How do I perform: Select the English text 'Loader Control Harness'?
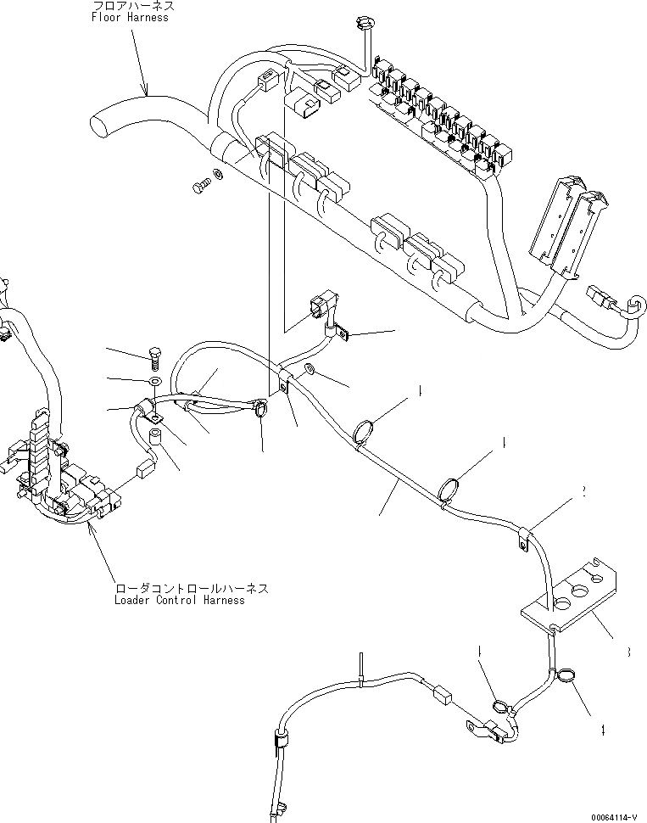click(180, 600)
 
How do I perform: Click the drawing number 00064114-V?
click(608, 816)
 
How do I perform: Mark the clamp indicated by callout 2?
click(524, 537)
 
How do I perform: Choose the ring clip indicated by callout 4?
click(563, 676)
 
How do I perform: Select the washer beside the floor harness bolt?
click(219, 174)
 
